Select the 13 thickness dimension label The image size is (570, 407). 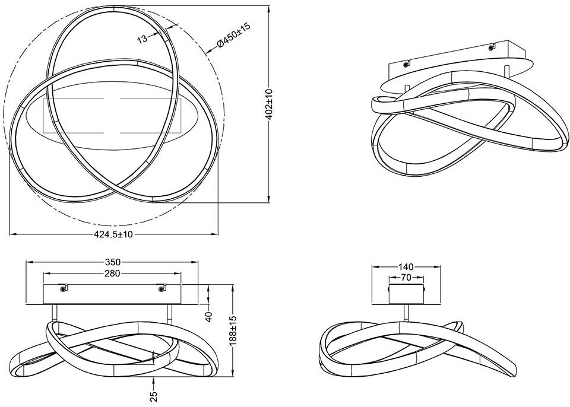coord(142,39)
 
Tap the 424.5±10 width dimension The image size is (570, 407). coord(113,234)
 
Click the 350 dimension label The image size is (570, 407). coord(113,262)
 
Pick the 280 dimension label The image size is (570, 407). coord(112,274)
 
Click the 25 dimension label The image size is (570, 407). coord(154,396)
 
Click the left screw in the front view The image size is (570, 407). coord(64,289)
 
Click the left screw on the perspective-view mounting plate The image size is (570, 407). coord(406,63)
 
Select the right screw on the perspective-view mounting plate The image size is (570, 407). coord(491,47)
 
